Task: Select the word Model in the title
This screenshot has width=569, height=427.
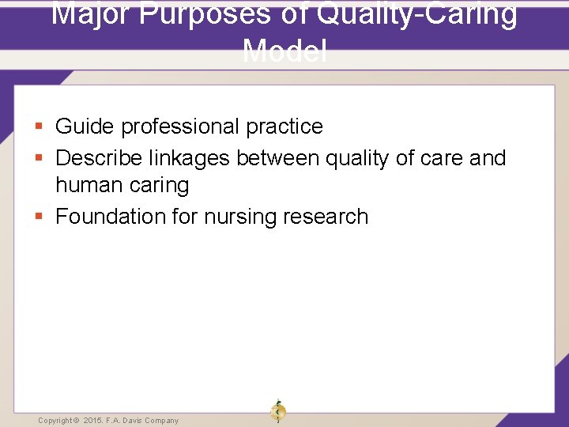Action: click(284, 51)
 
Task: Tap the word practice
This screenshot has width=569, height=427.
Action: click(284, 127)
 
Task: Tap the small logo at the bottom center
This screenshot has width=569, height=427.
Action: click(278, 411)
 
